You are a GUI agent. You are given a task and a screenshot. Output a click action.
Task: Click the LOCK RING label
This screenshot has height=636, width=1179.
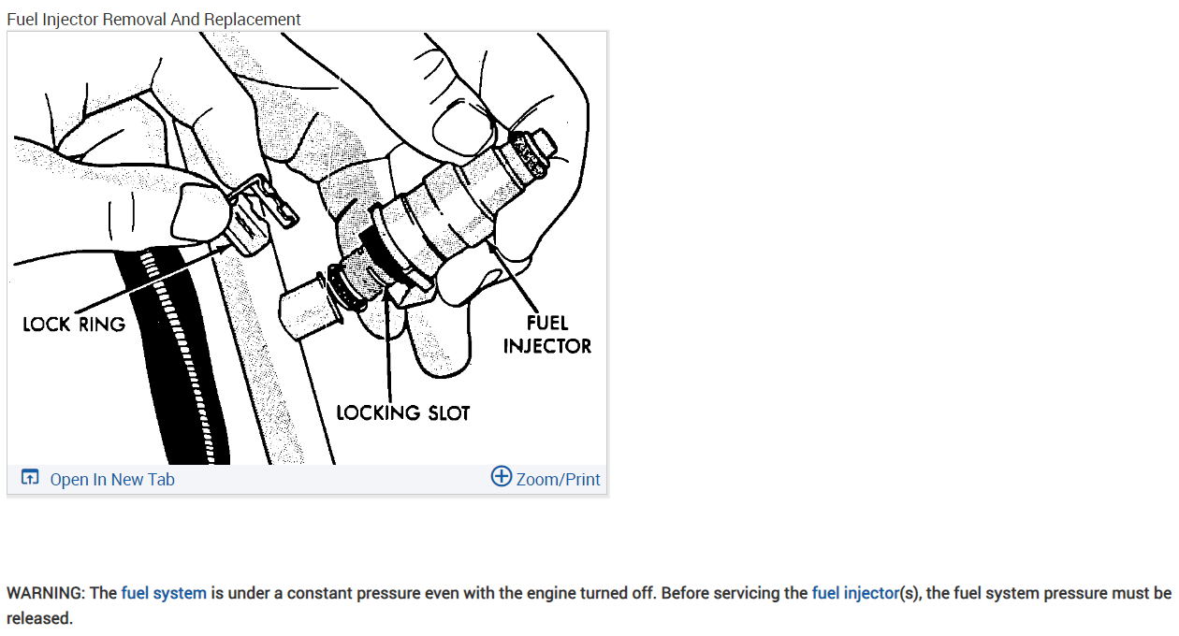tap(74, 325)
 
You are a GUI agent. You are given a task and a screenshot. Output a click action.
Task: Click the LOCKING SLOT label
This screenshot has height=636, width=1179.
tap(402, 412)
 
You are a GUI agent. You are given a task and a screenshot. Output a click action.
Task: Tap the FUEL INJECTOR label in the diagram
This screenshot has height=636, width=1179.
tap(547, 334)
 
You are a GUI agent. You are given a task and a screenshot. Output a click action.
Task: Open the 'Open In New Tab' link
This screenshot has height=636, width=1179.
tap(112, 480)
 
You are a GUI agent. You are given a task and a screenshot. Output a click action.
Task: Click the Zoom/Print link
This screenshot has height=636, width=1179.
tap(558, 480)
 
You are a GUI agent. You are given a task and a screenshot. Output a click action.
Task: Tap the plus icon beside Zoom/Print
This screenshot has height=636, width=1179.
tap(502, 477)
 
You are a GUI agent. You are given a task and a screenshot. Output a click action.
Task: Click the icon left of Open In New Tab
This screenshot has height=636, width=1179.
tap(30, 479)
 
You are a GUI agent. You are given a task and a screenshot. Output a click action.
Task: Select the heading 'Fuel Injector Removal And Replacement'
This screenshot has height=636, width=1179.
tap(153, 20)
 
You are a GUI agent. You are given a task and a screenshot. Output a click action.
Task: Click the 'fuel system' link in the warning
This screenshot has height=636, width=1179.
tap(164, 593)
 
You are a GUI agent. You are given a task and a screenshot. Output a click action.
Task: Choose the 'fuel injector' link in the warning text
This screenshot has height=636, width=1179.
tap(854, 593)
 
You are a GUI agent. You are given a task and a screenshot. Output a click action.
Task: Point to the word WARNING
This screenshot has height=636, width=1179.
tap(46, 593)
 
